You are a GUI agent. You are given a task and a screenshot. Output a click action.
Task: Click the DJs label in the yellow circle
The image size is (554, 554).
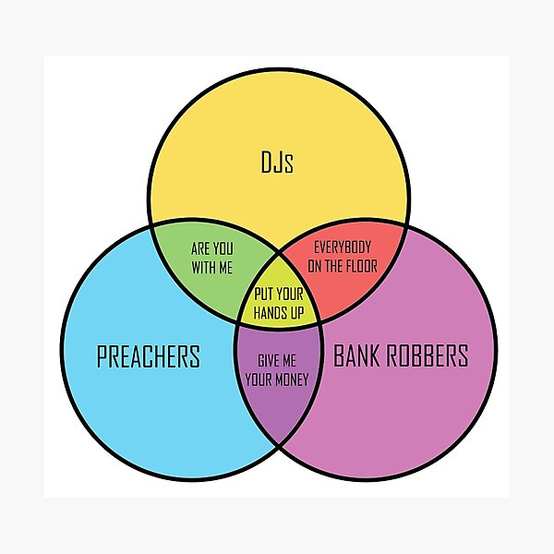tap(278, 165)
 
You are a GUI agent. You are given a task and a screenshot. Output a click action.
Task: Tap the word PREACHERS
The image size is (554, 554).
tap(148, 356)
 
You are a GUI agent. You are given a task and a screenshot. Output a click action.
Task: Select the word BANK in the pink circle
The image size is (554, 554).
tap(359, 355)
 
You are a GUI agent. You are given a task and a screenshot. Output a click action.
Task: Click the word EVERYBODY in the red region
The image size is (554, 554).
tap(343, 247)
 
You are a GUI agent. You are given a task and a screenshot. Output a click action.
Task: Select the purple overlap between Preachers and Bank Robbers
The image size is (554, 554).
tap(278, 406)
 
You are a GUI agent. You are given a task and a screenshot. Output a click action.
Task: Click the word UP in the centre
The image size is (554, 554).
tap(296, 314)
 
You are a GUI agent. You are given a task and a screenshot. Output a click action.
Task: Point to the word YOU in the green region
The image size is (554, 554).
tap(225, 248)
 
